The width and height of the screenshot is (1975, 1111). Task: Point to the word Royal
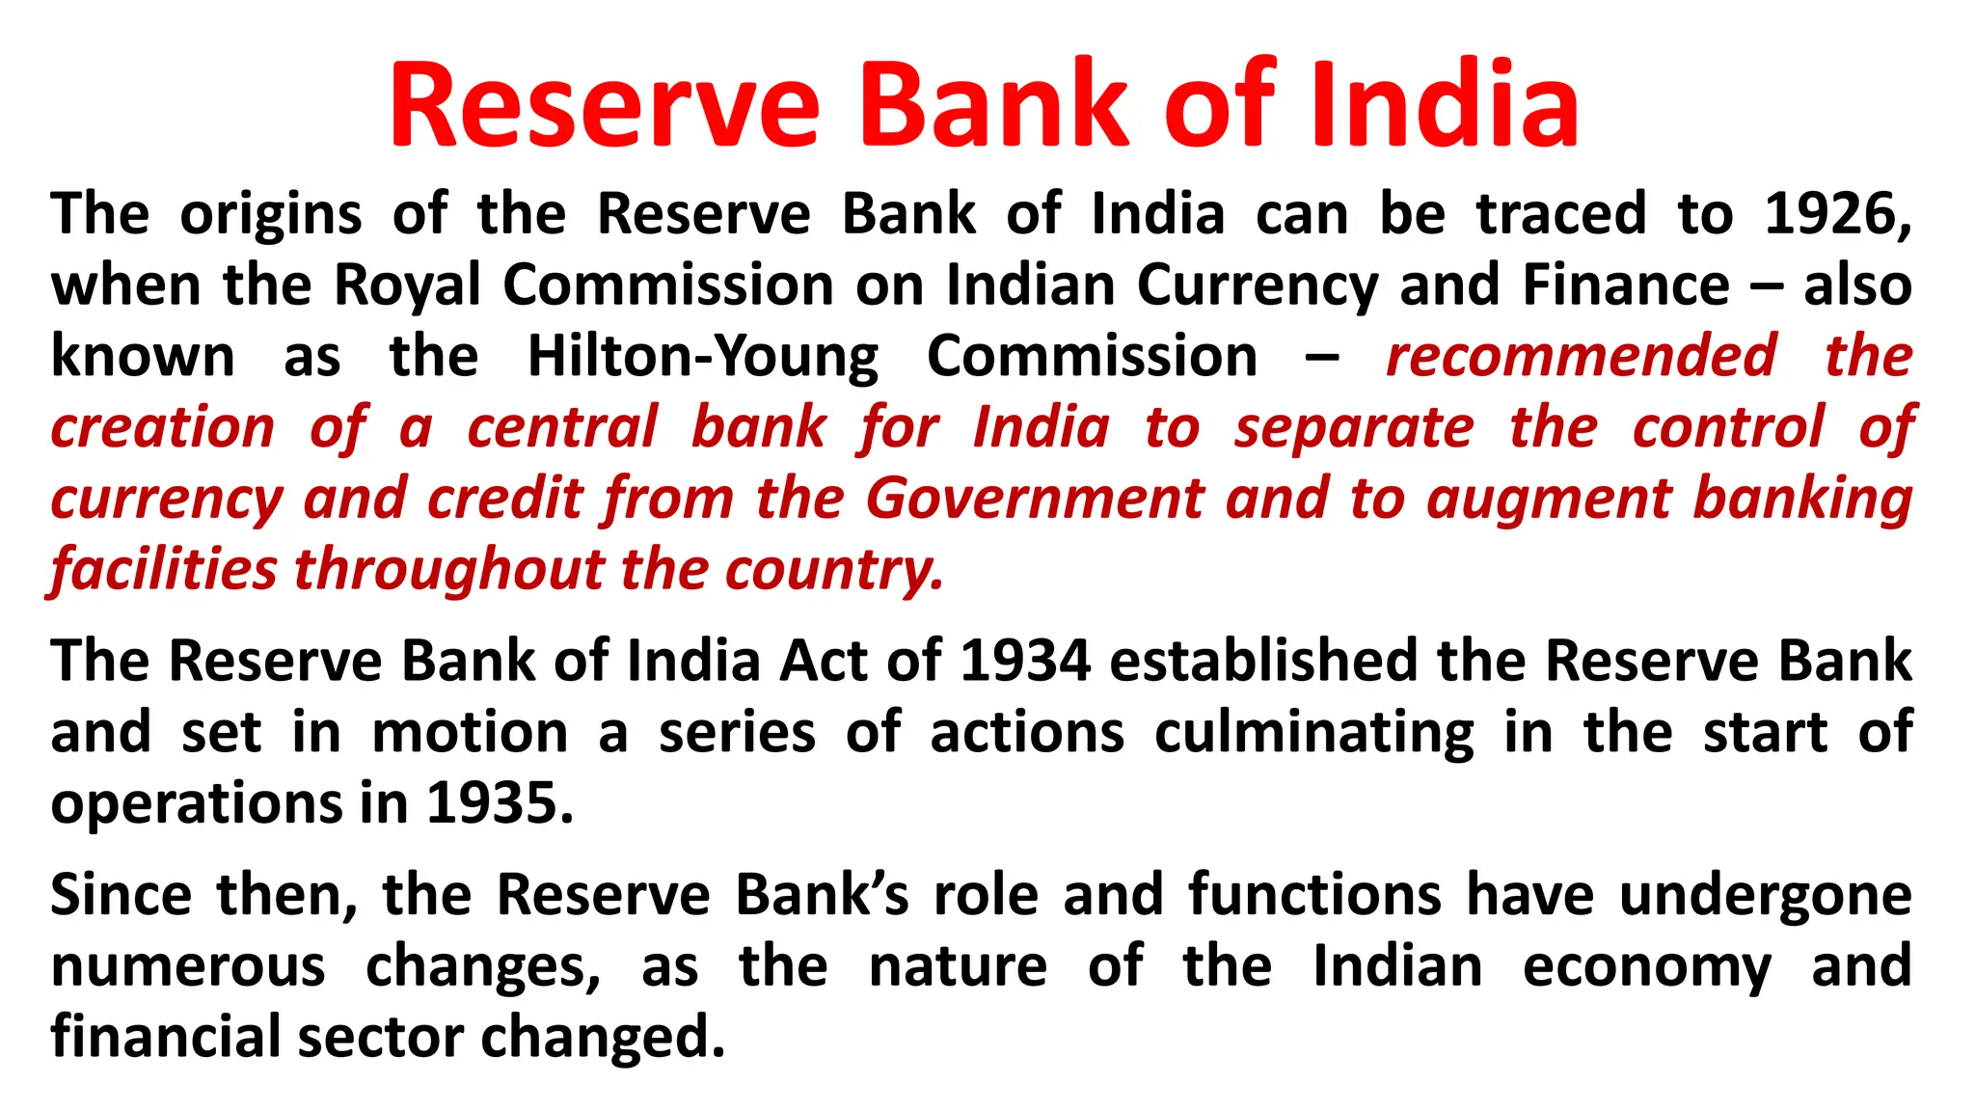(x=407, y=285)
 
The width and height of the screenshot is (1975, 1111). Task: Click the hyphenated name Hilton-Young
(x=703, y=357)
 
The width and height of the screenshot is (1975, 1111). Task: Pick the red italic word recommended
(x=1581, y=357)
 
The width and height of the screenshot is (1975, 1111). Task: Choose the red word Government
(x=1035, y=499)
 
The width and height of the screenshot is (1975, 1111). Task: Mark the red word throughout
(x=449, y=570)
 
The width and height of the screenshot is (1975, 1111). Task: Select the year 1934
(x=1025, y=662)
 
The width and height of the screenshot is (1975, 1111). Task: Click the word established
(x=1261, y=662)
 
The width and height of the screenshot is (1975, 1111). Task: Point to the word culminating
(x=1314, y=733)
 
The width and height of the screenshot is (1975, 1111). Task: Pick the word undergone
(x=1765, y=895)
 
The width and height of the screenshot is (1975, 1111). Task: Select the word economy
(x=1647, y=966)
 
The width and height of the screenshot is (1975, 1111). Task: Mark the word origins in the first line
(x=271, y=214)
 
